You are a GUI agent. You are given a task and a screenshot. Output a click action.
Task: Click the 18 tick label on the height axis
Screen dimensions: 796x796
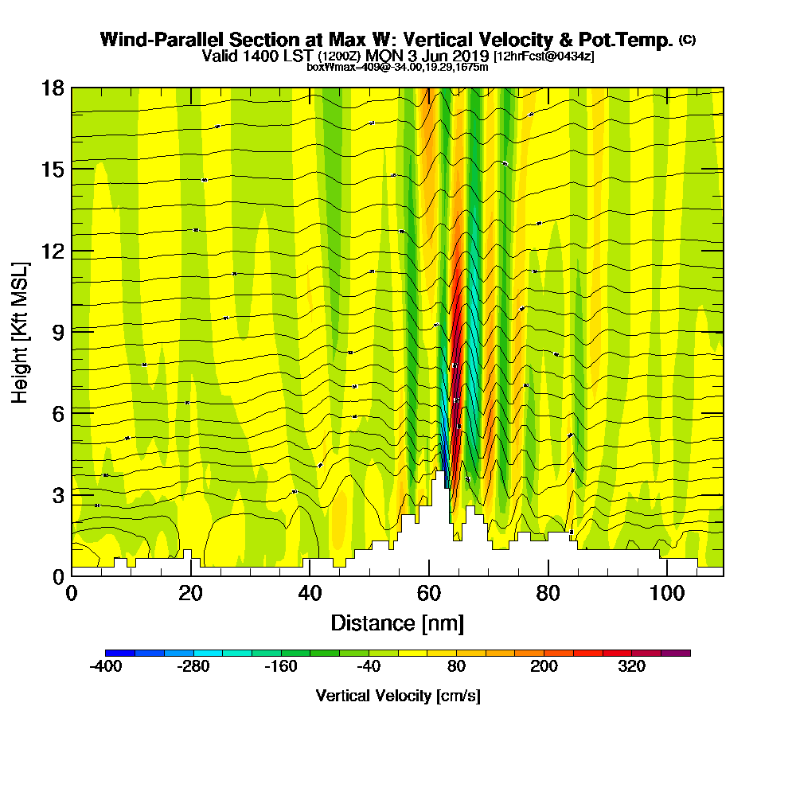[53, 88]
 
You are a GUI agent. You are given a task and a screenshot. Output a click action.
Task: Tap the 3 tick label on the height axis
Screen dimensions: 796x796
[58, 495]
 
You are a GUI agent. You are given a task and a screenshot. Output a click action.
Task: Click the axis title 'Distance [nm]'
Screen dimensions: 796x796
[397, 622]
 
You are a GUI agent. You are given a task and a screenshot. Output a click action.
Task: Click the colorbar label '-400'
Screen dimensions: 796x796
[106, 667]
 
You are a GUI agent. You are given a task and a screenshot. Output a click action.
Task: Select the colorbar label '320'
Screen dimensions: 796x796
[632, 667]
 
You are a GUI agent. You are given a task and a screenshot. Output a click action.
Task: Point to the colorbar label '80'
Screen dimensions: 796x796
[456, 667]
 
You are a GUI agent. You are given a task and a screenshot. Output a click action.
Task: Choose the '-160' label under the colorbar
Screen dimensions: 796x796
[281, 667]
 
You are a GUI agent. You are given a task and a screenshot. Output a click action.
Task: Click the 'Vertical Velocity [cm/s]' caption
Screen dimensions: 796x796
[397, 696]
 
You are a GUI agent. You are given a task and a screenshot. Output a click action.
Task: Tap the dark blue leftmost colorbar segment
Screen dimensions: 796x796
[120, 653]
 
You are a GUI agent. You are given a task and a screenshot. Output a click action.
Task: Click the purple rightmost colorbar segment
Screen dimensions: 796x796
[676, 653]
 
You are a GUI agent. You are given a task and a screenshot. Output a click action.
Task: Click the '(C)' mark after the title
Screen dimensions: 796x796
[686, 39]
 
